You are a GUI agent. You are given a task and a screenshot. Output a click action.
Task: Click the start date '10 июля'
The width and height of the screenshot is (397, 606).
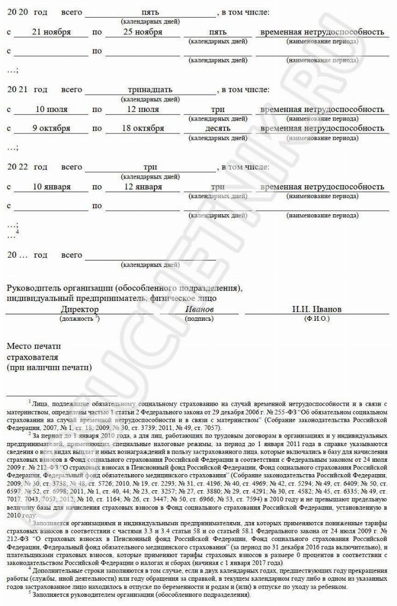coord(52,109)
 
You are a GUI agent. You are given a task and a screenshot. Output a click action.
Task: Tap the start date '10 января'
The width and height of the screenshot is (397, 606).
coord(52,187)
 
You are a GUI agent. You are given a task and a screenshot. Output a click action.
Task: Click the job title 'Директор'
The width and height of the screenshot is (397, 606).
coord(80,309)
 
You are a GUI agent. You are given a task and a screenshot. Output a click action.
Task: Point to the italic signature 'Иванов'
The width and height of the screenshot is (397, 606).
coord(200,309)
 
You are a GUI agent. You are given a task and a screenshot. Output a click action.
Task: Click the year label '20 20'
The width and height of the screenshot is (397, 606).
coord(17,12)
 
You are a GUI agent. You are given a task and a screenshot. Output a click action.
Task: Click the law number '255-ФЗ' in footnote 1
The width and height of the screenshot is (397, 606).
coord(263,409)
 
